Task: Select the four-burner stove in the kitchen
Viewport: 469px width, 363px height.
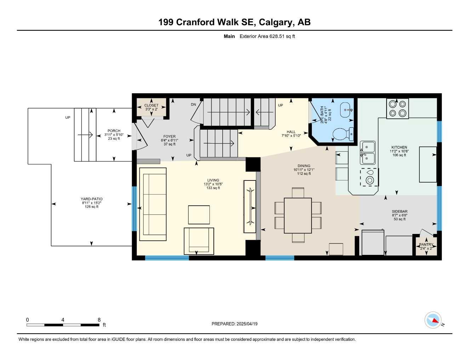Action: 397,108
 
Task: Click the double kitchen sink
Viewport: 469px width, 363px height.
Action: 368,152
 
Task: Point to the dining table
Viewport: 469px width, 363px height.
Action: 298,216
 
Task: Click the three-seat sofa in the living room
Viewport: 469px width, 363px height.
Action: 153,204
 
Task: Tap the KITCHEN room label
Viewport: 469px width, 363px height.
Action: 399,147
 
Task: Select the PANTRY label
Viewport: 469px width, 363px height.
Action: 426,245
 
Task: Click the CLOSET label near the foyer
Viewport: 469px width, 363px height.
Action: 151,105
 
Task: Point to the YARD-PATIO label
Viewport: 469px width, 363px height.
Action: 91,199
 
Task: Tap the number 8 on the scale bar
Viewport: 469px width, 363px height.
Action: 99,320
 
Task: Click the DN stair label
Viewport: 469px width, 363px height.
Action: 193,105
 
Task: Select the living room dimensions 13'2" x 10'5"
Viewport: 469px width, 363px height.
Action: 213,184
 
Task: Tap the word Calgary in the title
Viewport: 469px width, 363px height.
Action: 276,22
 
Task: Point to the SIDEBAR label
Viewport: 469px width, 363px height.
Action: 399,211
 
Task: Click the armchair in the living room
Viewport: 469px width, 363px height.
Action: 199,241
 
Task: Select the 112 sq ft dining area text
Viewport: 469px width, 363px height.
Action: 304,174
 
